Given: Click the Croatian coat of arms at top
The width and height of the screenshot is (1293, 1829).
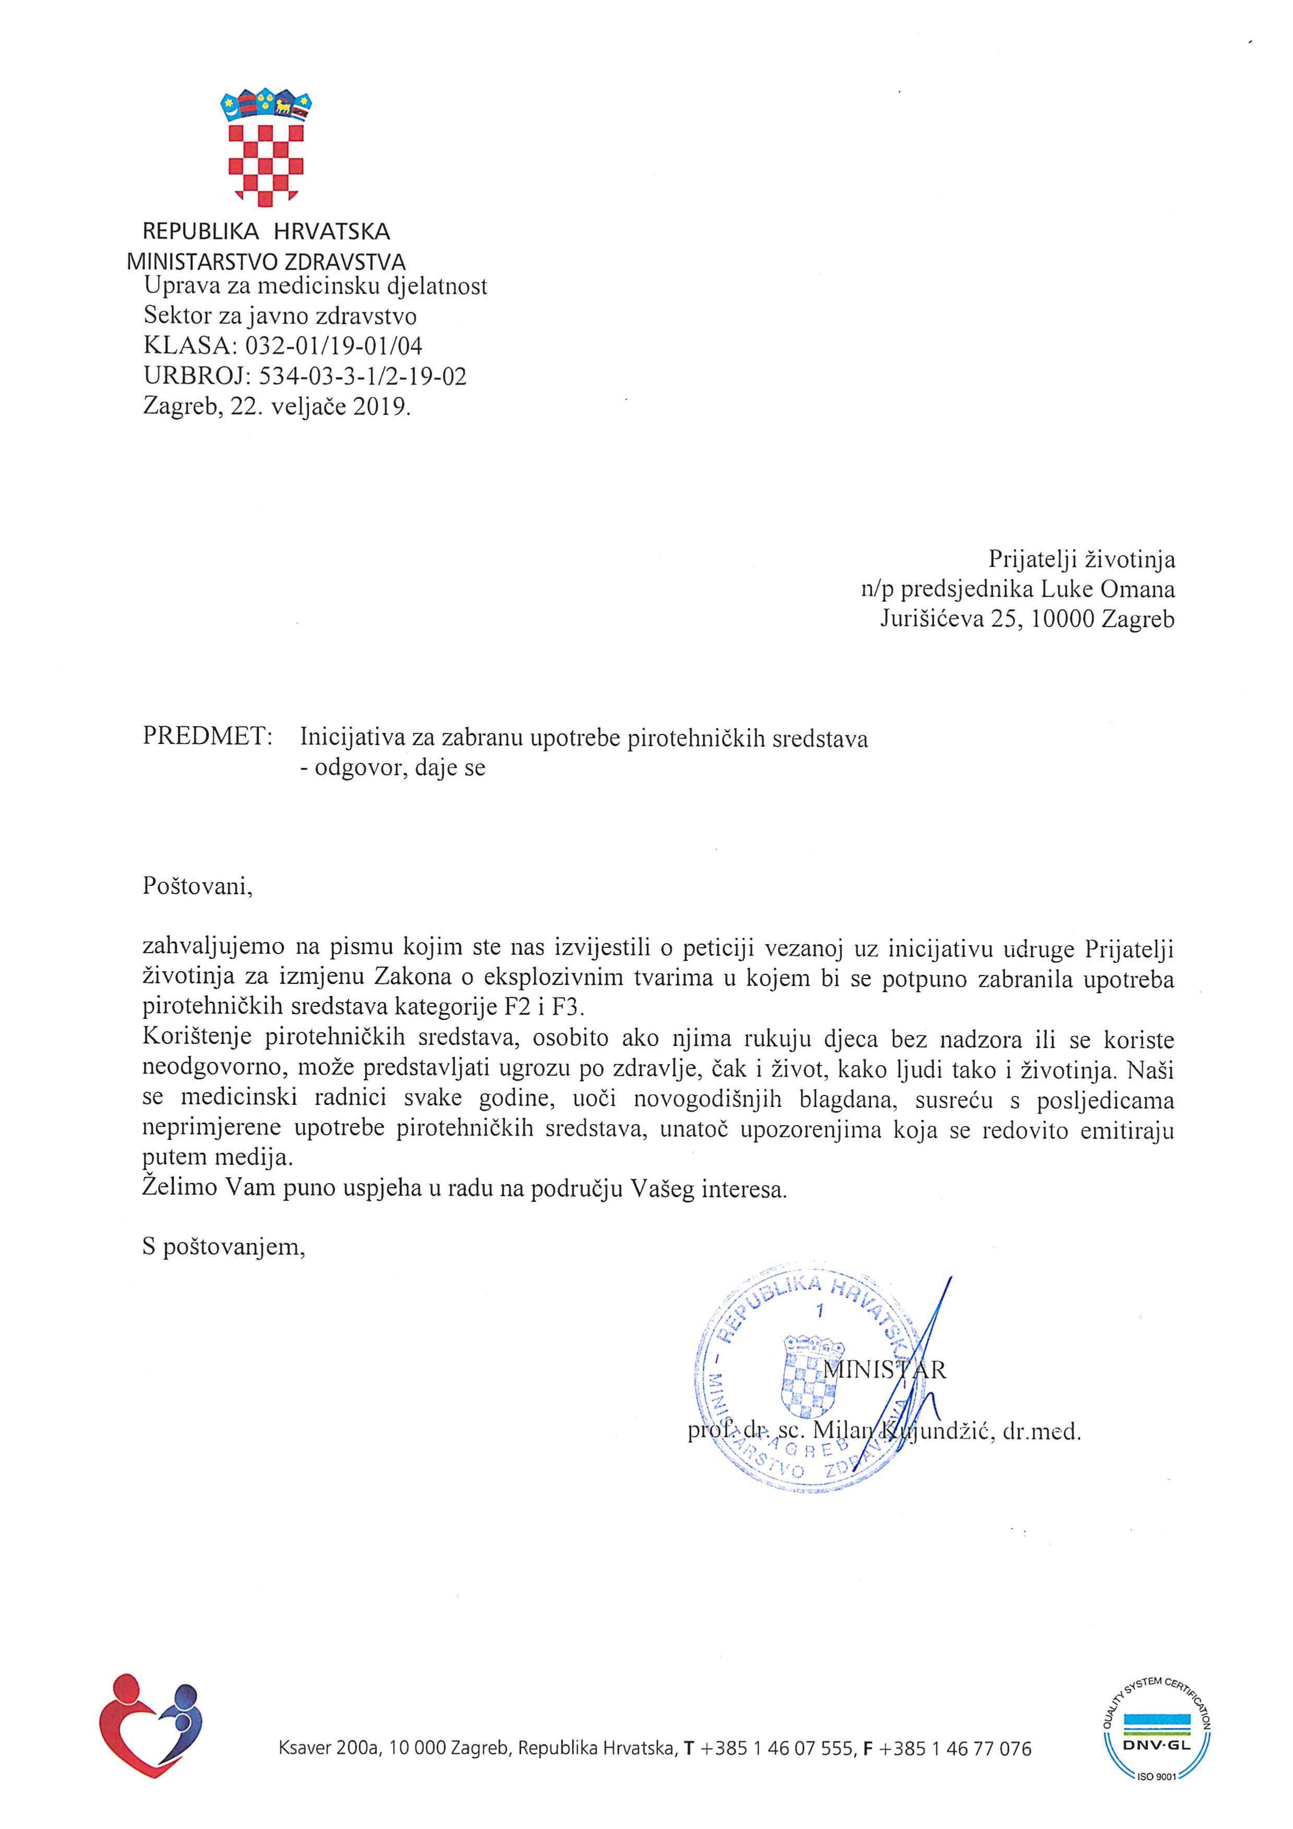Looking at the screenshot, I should point(266,146).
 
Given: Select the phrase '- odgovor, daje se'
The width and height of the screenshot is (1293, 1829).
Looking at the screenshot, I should point(392,769).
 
